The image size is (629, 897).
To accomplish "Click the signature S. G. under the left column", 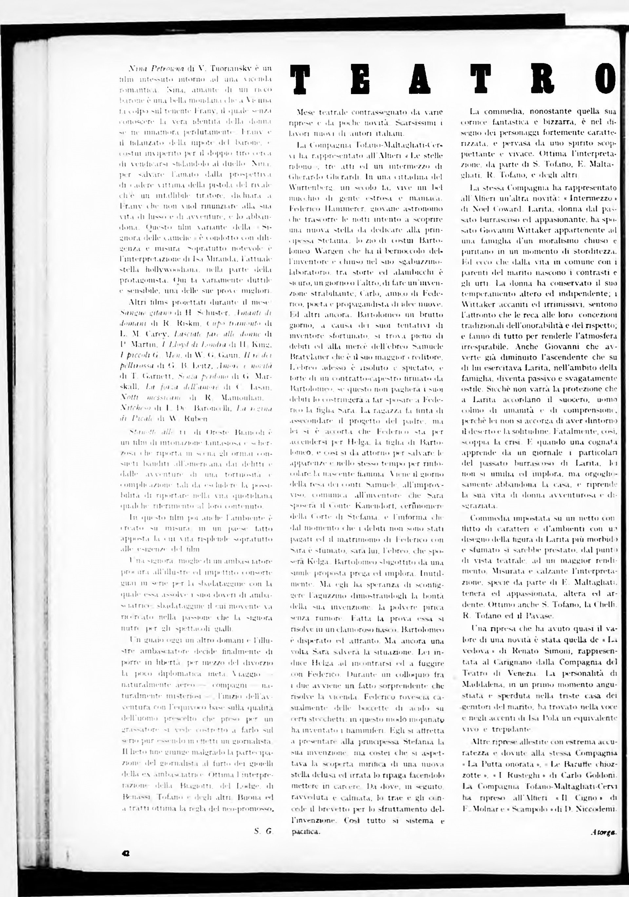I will [x=263, y=832].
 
